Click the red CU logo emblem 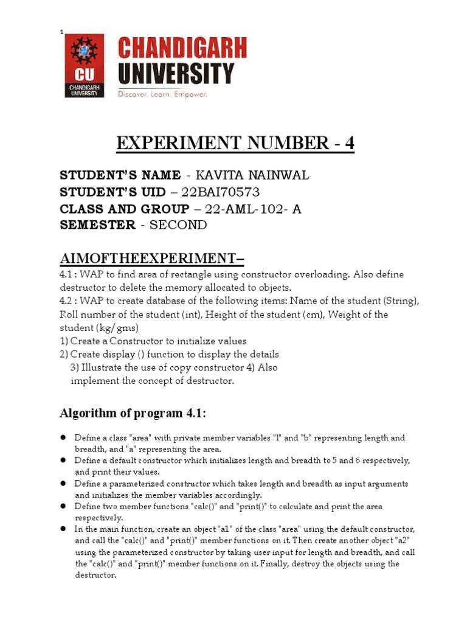85,66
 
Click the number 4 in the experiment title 349,144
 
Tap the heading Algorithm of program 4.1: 133,414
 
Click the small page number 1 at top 61,32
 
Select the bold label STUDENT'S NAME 120,176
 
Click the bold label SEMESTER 97,225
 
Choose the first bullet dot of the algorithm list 63,438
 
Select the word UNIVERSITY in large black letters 176,73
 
